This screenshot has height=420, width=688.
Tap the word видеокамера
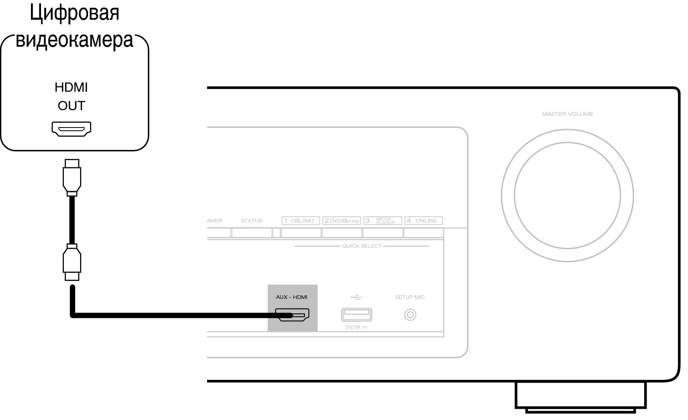(x=74, y=40)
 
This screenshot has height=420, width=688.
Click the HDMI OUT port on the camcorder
(x=71, y=129)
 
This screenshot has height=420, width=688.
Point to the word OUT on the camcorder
(x=71, y=106)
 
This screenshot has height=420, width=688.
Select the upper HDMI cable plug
(x=72, y=177)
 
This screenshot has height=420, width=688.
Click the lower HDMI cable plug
(x=72, y=262)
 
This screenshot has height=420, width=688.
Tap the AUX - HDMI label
(x=292, y=297)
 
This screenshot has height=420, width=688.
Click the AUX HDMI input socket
(x=292, y=315)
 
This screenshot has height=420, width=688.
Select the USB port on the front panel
(x=356, y=315)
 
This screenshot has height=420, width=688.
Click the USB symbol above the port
(x=356, y=297)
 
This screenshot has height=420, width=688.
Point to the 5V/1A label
(x=356, y=327)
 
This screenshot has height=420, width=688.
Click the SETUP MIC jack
(x=410, y=315)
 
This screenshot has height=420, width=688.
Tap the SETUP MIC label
(x=410, y=297)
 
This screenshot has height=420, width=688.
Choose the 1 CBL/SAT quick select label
(x=301, y=220)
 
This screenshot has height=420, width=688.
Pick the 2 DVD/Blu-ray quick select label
(x=341, y=220)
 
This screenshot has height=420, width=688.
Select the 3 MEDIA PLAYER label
(x=383, y=220)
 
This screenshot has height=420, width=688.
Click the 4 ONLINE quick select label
(x=423, y=220)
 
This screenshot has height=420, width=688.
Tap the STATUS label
(x=252, y=220)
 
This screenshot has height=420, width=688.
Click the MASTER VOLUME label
(x=567, y=114)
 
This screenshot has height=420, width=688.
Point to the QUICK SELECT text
(x=362, y=246)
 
